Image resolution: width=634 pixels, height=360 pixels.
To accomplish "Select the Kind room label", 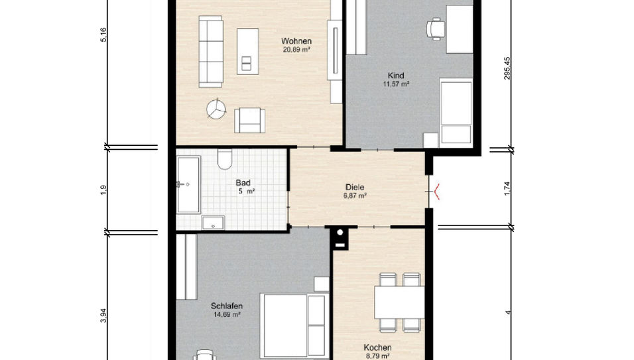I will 396,75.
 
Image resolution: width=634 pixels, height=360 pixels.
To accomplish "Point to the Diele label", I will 355,187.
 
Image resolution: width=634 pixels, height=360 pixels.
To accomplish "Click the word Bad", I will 242,182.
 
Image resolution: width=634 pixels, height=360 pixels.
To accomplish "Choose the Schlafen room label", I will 226,306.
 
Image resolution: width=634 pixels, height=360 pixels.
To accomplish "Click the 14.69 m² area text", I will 226,315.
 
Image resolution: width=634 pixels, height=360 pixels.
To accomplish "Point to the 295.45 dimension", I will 507,68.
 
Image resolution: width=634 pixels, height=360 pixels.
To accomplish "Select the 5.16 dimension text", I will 103,35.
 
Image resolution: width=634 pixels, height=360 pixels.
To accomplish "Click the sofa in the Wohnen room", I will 211,52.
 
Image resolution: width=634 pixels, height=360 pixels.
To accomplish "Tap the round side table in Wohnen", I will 216,109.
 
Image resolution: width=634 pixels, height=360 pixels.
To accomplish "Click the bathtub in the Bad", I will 188,186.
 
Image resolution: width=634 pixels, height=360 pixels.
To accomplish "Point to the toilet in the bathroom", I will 225,159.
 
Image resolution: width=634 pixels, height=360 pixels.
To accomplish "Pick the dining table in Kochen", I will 399,302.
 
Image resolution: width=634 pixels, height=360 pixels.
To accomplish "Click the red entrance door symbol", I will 436,193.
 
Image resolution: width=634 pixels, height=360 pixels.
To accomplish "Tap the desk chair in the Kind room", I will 435,28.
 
